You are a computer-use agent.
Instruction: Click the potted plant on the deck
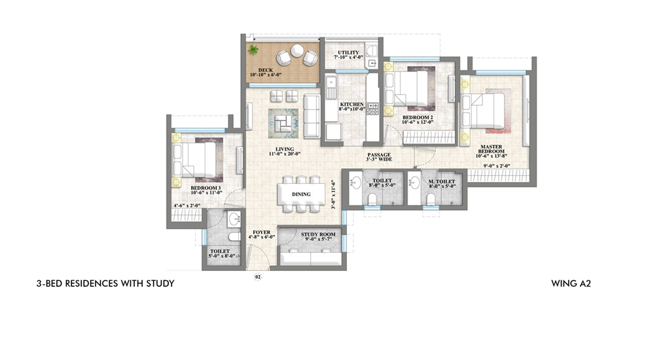(x=253, y=50)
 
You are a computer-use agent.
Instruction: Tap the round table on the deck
(x=297, y=51)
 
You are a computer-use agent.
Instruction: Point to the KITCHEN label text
(x=351, y=105)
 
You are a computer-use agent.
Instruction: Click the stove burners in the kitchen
(x=372, y=109)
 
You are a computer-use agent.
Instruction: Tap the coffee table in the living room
(x=283, y=123)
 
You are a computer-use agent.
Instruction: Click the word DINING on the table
(x=301, y=194)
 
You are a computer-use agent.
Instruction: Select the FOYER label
(x=262, y=232)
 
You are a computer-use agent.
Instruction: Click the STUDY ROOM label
(x=318, y=234)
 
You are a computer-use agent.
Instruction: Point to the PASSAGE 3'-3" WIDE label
(x=379, y=157)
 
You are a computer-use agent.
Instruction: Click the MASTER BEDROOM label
(x=492, y=149)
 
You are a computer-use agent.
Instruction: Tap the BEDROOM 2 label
(x=418, y=117)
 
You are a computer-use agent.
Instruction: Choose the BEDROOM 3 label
(x=206, y=188)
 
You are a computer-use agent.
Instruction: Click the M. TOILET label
(x=442, y=181)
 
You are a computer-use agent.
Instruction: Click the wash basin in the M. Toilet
(x=414, y=181)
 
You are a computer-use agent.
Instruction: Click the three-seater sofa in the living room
(x=312, y=116)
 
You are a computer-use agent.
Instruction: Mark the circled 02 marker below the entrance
(x=258, y=277)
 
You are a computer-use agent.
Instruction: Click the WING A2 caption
(x=571, y=283)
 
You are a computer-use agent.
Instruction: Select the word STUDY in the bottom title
(x=160, y=283)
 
